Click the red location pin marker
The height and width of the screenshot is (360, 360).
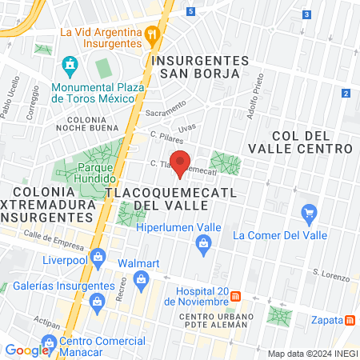(181, 162)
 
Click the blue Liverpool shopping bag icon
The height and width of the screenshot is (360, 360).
(98, 257)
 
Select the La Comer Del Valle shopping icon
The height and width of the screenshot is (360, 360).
(310, 213)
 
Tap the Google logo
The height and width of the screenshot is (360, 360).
(26, 350)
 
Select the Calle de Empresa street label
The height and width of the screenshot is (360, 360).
(54, 238)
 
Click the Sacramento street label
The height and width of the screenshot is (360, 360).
(165, 109)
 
